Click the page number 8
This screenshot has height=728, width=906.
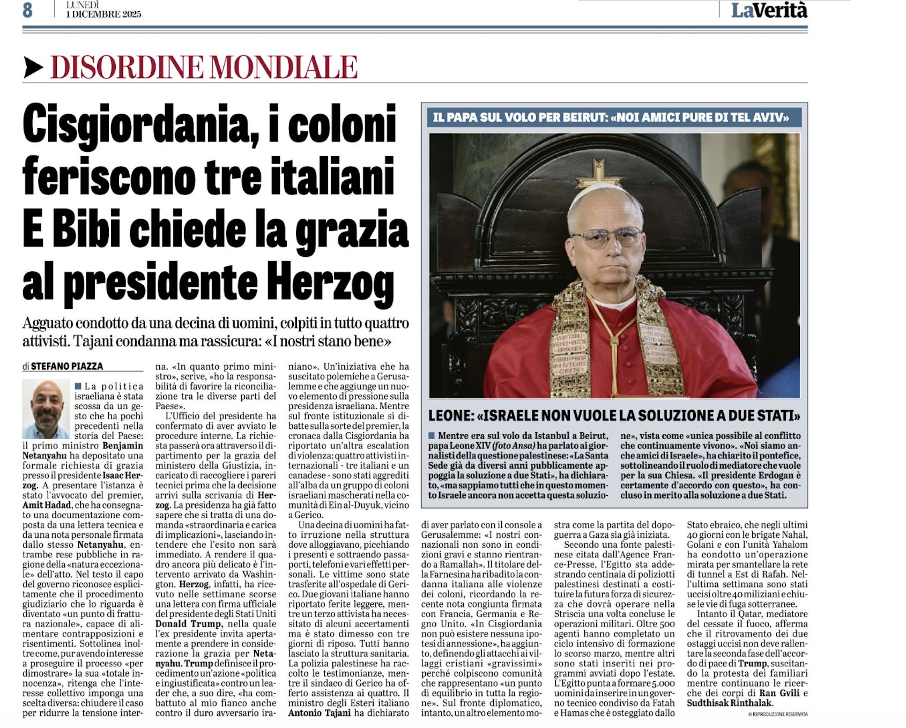pyautogui.click(x=27, y=10)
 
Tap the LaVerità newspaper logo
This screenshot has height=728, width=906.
pyautogui.click(x=769, y=10)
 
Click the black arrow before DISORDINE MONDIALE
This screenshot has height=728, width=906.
pyautogui.click(x=34, y=68)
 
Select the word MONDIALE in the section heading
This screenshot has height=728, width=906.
pyautogui.click(x=283, y=68)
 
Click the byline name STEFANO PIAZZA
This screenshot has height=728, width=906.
pyautogui.click(x=67, y=366)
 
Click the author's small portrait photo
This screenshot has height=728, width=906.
pyautogui.click(x=46, y=409)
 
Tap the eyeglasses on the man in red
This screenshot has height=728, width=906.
pyautogui.click(x=607, y=236)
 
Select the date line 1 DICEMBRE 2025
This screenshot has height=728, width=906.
pyautogui.click(x=103, y=14)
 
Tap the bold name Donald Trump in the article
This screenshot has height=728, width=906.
pyautogui.click(x=188, y=623)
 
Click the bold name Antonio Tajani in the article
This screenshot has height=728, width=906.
pyautogui.click(x=320, y=712)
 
